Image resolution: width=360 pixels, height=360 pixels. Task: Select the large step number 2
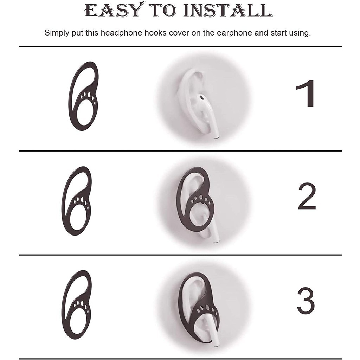[x=307, y=196]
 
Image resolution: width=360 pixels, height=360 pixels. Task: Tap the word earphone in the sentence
[x=234, y=33]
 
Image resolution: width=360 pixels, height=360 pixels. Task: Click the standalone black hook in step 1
[x=84, y=96]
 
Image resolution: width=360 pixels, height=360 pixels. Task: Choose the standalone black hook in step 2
[x=77, y=201]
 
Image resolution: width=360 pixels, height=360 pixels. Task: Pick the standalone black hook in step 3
[x=77, y=304]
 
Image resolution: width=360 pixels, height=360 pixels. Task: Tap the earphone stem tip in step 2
[x=216, y=240]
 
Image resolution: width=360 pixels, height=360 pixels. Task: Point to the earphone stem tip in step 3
[x=216, y=343]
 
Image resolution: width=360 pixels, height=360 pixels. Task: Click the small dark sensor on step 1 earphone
[x=201, y=96]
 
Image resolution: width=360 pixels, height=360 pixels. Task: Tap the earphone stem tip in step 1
[x=216, y=135]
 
